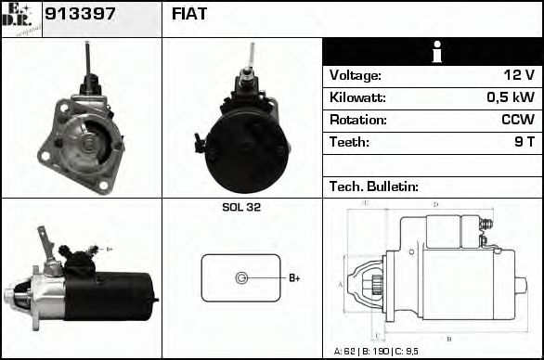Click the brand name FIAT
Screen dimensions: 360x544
pyautogui.click(x=189, y=15)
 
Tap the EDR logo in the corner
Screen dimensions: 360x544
pyautogui.click(x=20, y=19)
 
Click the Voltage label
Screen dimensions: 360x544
pyautogui.click(x=356, y=76)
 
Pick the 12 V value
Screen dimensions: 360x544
pyautogui.click(x=519, y=76)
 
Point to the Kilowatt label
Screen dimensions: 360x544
pyautogui.click(x=357, y=97)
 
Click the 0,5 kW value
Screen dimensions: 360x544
pyautogui.click(x=512, y=97)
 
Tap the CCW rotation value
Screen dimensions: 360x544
pyautogui.click(x=517, y=120)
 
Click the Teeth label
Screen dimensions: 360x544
pyautogui.click(x=349, y=142)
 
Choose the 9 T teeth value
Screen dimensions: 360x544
pyautogui.click(x=524, y=142)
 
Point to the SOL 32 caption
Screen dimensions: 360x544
pyautogui.click(x=241, y=208)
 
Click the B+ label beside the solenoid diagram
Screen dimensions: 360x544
pyautogui.click(x=294, y=277)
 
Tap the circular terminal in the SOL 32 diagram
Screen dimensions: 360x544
pyautogui.click(x=241, y=277)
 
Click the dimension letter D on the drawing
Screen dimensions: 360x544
pyautogui.click(x=434, y=204)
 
